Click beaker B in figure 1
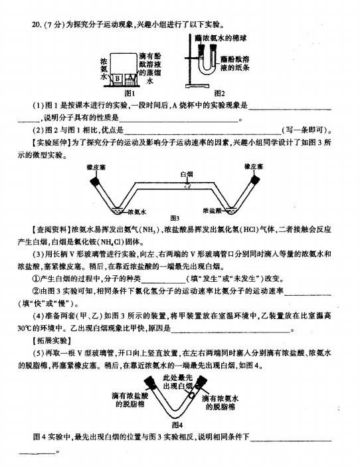[x=118, y=79]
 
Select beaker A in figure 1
[x=130, y=79]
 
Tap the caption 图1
[x=130, y=93]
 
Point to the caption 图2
[x=220, y=94]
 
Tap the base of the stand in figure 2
[x=197, y=86]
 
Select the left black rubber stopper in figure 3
[x=96, y=180]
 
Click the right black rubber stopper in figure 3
[x=255, y=179]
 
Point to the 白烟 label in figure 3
[x=187, y=174]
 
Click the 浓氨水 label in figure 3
[x=137, y=212]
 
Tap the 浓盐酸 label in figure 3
[x=212, y=211]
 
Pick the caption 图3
[x=175, y=218]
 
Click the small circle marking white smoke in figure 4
[x=191, y=395]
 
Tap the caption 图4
[x=177, y=425]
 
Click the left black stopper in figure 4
[x=149, y=382]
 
